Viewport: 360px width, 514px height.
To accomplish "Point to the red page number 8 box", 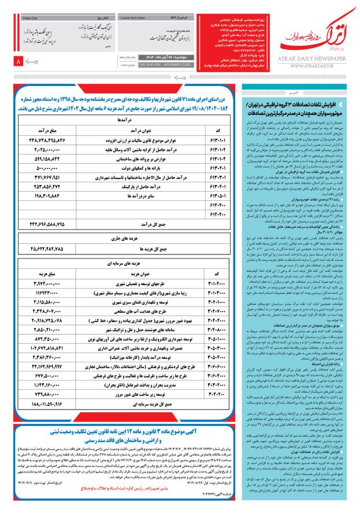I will [x=18, y=60].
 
